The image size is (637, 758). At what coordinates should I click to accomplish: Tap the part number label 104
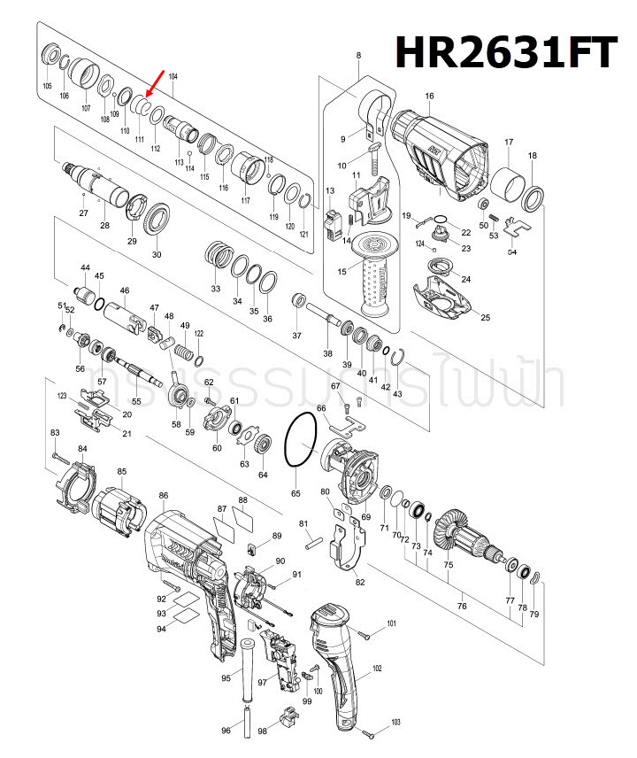pyautogui.click(x=173, y=78)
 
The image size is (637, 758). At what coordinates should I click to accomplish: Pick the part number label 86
pyautogui.click(x=164, y=495)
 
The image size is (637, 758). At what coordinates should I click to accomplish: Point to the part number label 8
pyautogui.click(x=358, y=57)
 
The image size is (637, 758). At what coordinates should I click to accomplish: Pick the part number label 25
pyautogui.click(x=484, y=317)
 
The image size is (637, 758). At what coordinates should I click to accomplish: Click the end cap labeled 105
pyautogui.click(x=50, y=57)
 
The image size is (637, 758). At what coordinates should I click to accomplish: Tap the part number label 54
pyautogui.click(x=512, y=252)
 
